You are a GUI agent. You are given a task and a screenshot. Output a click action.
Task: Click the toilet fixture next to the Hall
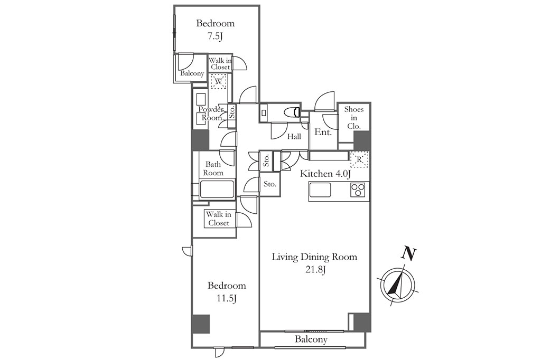(x=293, y=112)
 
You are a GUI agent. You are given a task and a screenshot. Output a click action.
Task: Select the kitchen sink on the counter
(x=320, y=190)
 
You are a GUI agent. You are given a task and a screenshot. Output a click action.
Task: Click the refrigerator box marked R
(x=359, y=159)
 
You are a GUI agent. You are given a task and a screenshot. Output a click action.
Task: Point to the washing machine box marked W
(x=219, y=81)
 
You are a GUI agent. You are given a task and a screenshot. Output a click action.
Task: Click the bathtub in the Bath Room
(x=217, y=188)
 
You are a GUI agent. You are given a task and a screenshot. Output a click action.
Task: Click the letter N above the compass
(x=409, y=253)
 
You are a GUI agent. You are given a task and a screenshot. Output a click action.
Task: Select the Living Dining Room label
(x=314, y=257)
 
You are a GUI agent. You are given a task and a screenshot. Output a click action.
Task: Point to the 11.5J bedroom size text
(x=226, y=298)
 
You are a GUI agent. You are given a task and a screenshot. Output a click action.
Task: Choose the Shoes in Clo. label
(x=354, y=118)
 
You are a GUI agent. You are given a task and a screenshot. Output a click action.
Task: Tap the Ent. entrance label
(x=323, y=132)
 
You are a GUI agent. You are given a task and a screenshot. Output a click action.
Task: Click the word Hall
(x=294, y=137)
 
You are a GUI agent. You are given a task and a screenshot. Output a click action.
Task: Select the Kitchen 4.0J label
(x=325, y=174)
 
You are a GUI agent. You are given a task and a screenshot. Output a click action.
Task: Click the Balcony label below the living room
(x=311, y=339)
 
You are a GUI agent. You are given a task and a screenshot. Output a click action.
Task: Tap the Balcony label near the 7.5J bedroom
(x=192, y=73)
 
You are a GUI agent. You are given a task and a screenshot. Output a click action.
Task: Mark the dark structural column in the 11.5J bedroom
(x=200, y=324)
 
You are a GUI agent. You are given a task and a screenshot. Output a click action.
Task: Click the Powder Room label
(x=211, y=113)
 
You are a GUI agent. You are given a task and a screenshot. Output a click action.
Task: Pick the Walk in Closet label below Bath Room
(x=219, y=219)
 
